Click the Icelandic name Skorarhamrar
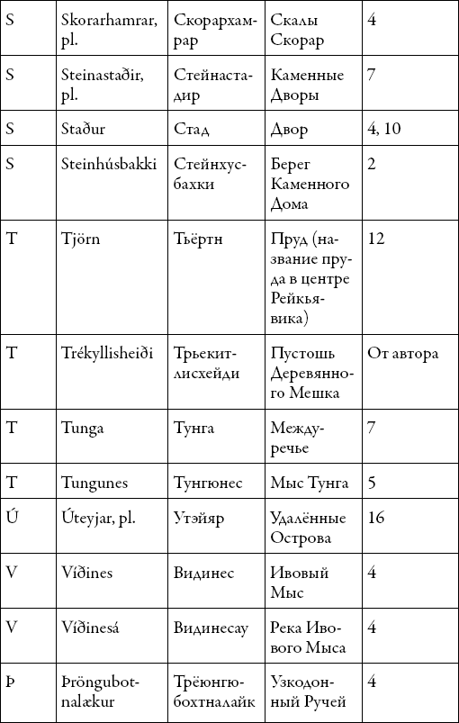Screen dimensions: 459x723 (103, 30)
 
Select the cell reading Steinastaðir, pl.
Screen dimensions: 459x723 (103, 84)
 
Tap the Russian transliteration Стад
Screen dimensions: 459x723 (191, 129)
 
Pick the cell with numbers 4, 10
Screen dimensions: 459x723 (384, 129)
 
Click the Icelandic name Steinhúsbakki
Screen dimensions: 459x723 (109, 164)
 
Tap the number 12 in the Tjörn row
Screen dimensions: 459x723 (376, 239)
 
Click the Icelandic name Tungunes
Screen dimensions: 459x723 (94, 484)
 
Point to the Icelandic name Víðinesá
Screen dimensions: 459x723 (95, 628)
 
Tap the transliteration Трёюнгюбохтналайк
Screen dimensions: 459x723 (212, 691)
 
